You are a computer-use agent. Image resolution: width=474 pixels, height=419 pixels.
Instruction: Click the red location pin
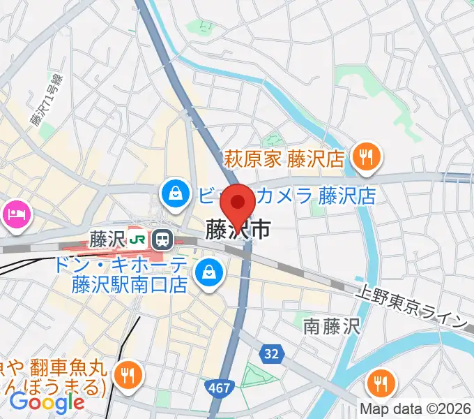click(238, 203)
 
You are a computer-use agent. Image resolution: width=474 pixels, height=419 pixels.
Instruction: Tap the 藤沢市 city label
click(237, 228)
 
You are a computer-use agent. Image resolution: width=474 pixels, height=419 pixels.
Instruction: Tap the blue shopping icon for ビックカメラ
click(173, 194)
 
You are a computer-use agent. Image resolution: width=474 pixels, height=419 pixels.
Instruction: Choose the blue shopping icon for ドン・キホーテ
click(208, 271)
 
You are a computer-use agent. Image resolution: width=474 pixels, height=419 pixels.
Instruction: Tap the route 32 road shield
click(272, 354)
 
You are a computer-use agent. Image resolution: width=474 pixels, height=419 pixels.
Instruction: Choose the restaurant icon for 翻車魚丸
click(128, 374)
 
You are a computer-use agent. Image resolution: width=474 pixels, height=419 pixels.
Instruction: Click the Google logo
click(47, 402)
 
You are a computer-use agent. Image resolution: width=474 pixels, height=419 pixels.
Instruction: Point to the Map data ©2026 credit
click(416, 408)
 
